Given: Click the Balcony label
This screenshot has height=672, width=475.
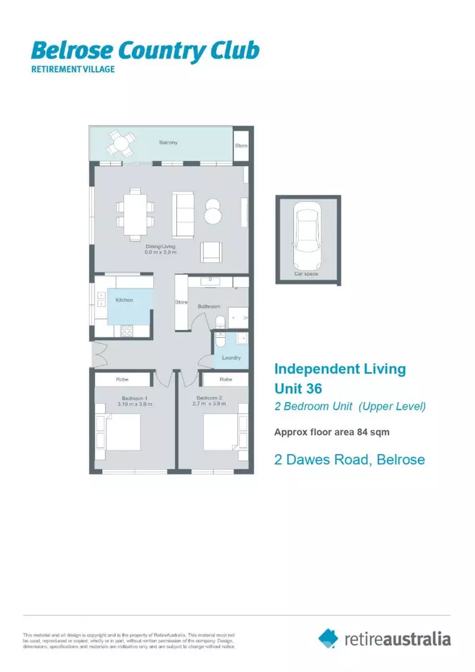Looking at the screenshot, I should coord(168,142).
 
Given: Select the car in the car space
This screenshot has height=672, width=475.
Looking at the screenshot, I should coord(308,236).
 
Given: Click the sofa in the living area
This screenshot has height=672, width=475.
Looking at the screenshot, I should coord(183,215).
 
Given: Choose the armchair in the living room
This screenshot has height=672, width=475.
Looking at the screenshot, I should coord(210,252).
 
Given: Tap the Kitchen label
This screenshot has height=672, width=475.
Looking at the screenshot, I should coord(124,300).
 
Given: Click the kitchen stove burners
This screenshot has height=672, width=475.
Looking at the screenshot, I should coord(126,331).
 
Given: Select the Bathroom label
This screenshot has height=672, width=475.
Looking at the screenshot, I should coord(209,306).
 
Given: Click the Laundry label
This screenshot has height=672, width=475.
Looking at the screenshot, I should coord(231,358).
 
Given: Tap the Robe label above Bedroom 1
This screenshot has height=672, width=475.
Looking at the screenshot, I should coord(122,379).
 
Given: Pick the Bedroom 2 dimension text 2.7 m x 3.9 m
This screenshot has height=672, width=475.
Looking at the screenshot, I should coord(210,404).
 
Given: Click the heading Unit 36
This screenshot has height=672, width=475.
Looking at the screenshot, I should coord(298,388).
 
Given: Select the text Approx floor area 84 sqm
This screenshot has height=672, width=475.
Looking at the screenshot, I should coord(332,432).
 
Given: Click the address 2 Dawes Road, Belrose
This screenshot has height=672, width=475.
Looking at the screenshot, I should coord(349,460).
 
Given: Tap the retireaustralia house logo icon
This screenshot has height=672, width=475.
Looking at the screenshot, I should coord(328,638).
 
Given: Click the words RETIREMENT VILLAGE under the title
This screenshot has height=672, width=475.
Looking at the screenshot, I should coord(73,69).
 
